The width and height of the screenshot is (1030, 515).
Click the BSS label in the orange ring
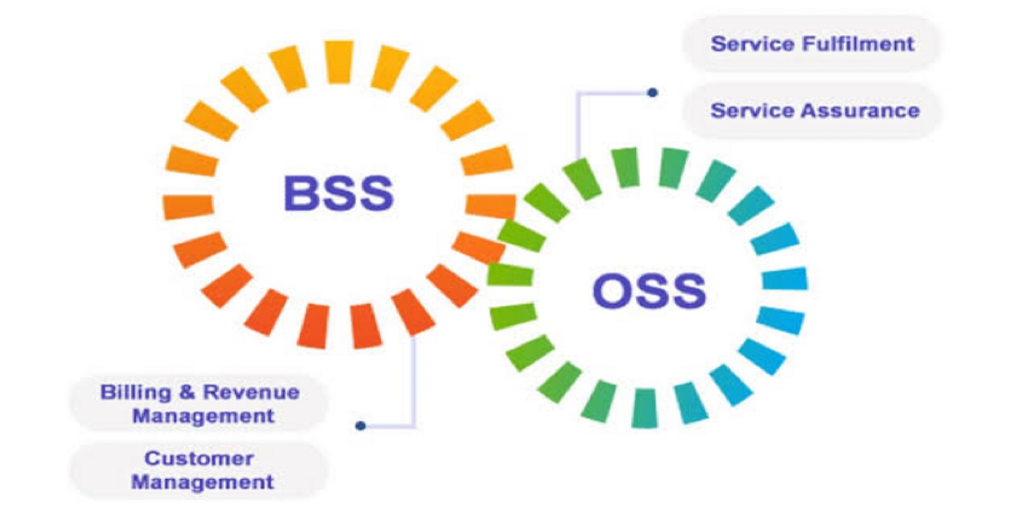pos(338,193)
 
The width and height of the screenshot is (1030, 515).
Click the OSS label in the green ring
pos(649,291)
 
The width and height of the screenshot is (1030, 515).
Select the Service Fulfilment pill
pos(812,44)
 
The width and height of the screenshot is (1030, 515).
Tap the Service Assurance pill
pos(814,111)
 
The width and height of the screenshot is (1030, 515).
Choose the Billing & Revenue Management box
pos(200,404)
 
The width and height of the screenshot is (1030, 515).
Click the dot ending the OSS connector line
pos(652,93)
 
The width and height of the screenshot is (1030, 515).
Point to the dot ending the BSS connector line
pos(360,426)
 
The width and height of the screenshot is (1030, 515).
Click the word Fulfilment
pos(858,44)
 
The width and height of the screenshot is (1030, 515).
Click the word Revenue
pos(251,392)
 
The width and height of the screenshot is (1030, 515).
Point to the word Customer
pos(199,458)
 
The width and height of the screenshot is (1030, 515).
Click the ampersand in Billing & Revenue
pos(187,392)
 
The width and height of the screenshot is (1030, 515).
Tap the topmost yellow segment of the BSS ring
pos(339,62)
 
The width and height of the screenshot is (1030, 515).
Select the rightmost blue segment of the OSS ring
pos(785,279)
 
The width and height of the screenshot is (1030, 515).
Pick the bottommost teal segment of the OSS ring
pos(644,408)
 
